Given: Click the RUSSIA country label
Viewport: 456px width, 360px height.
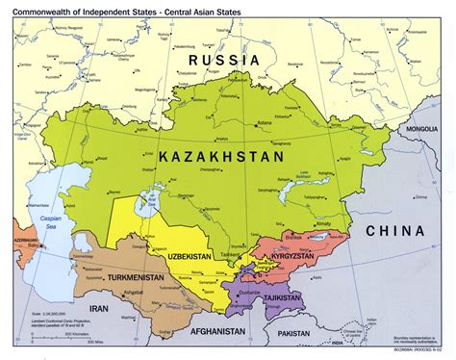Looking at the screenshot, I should coord(224,60).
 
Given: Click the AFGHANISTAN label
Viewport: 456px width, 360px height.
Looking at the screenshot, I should coord(220,327).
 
